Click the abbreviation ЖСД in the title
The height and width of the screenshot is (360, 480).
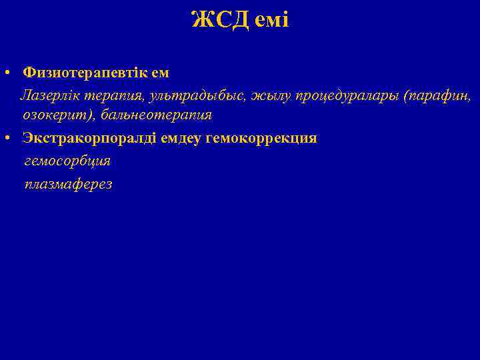coord(220,20)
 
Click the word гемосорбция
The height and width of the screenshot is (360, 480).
coord(67,161)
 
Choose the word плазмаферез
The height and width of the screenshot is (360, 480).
coord(68,184)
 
